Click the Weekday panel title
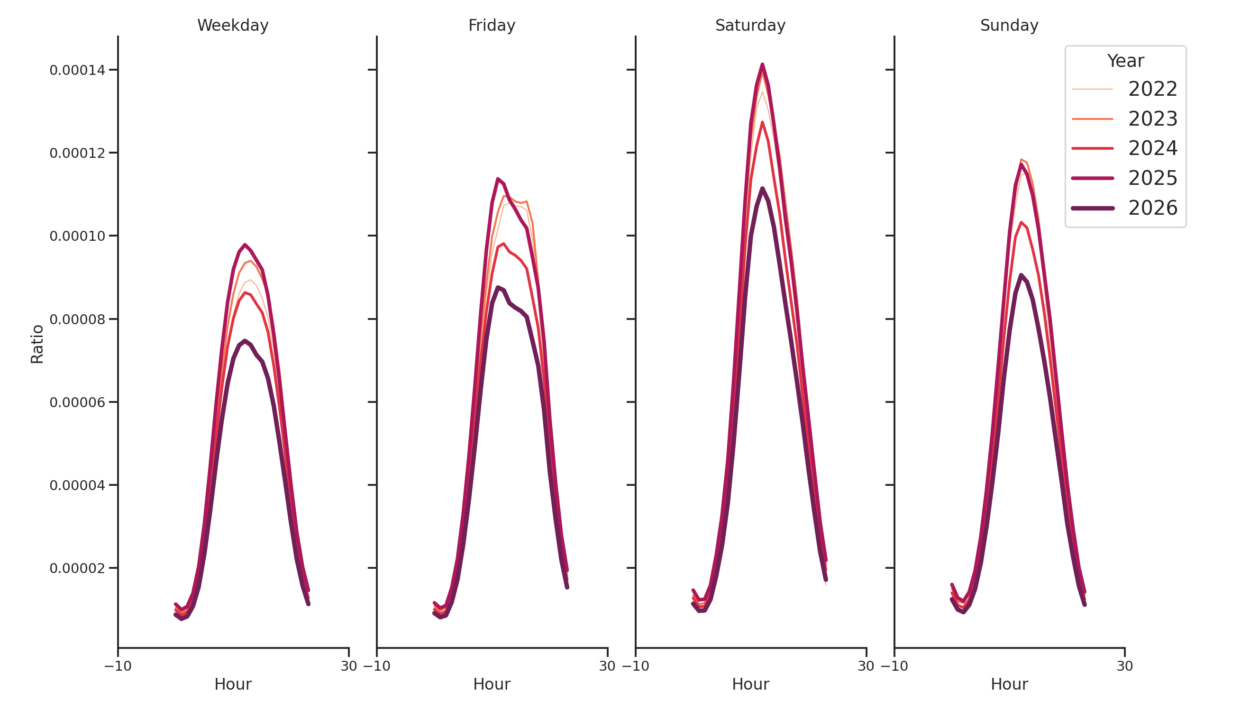(x=233, y=26)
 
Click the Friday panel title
(x=491, y=26)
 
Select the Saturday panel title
(x=750, y=26)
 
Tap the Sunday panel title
(x=1009, y=26)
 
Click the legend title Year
(x=1125, y=61)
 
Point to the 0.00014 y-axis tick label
(x=77, y=70)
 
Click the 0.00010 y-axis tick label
(x=77, y=237)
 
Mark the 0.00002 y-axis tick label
(x=77, y=568)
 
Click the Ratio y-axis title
(x=37, y=344)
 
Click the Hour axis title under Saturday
(x=750, y=684)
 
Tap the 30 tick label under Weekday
(x=348, y=666)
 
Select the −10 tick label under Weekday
(x=118, y=666)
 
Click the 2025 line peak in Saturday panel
(x=762, y=64)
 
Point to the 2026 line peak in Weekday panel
(x=245, y=341)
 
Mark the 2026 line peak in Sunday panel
(x=1021, y=275)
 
